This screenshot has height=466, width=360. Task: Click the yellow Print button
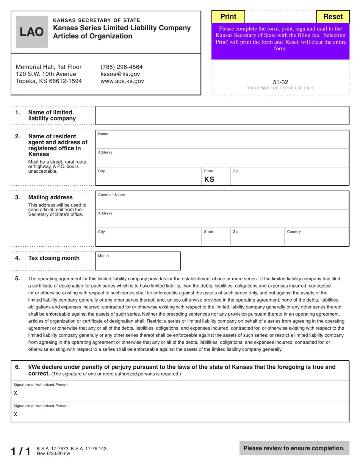tap(228, 17)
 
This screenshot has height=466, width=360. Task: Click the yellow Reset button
tap(333, 17)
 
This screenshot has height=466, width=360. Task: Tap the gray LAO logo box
tap(32, 32)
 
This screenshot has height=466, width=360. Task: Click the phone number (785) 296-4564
tap(121, 67)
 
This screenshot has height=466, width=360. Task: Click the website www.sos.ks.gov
tap(122, 81)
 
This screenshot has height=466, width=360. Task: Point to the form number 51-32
tap(280, 82)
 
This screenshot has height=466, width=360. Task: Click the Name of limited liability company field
tap(222, 116)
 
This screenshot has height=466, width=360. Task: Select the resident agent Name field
tap(222, 141)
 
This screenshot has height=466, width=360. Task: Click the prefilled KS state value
tap(209, 180)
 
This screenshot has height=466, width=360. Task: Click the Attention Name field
tap(222, 202)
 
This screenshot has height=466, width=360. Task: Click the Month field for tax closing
tap(138, 263)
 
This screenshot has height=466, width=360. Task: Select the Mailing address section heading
tap(50, 197)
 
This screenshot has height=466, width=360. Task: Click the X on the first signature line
tap(16, 394)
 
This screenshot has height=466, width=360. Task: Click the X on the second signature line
tap(16, 415)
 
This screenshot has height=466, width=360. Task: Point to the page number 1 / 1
tap(20, 451)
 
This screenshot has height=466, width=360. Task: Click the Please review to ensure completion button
tap(294, 448)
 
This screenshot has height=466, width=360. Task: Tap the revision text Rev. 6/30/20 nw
tap(53, 453)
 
